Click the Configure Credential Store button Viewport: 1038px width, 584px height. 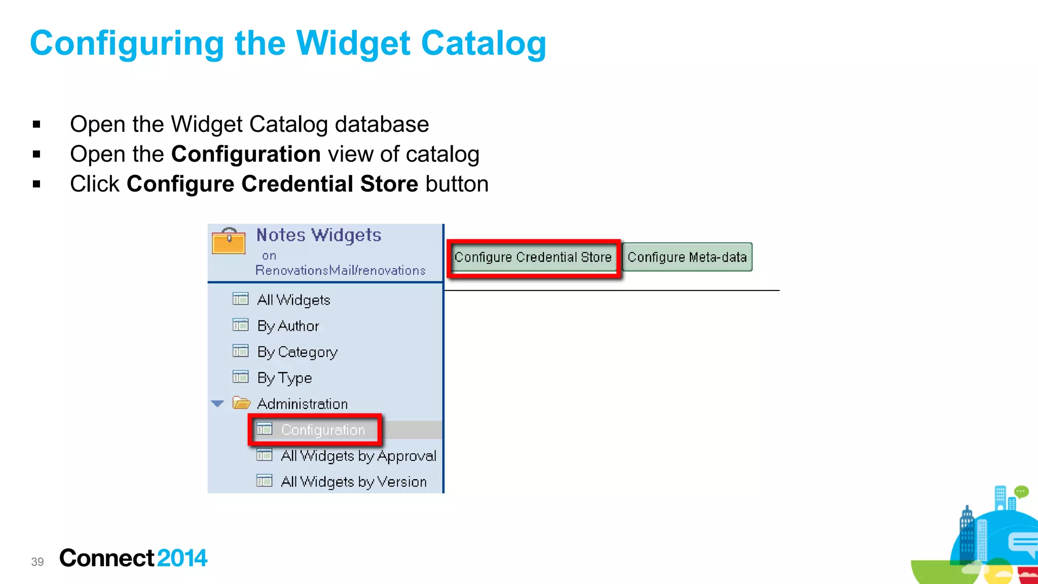coord(533,258)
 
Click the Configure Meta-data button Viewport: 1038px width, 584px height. coord(687,258)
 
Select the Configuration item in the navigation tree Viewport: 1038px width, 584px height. coord(322,430)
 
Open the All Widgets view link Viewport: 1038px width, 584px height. coord(293,300)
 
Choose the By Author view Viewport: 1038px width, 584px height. coord(288,326)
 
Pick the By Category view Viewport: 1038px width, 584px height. coord(297,352)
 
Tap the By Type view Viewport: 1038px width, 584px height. coord(284,378)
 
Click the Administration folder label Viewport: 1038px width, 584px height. coord(302,404)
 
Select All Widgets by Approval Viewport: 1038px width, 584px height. coord(358,456)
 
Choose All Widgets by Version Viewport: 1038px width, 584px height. coord(354,482)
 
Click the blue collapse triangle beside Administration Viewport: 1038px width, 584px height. coord(217,404)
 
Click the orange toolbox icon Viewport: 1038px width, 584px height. coord(229,242)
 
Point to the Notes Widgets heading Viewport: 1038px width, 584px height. coord(318,235)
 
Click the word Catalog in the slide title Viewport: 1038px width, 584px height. coord(484,44)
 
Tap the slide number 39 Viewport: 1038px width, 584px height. coord(38,562)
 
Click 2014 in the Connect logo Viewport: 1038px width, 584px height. coord(182,558)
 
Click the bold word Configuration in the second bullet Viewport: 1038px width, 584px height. coord(246,154)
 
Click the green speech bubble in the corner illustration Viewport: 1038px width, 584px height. coord(1021,491)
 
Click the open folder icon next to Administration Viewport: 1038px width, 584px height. coord(241,404)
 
